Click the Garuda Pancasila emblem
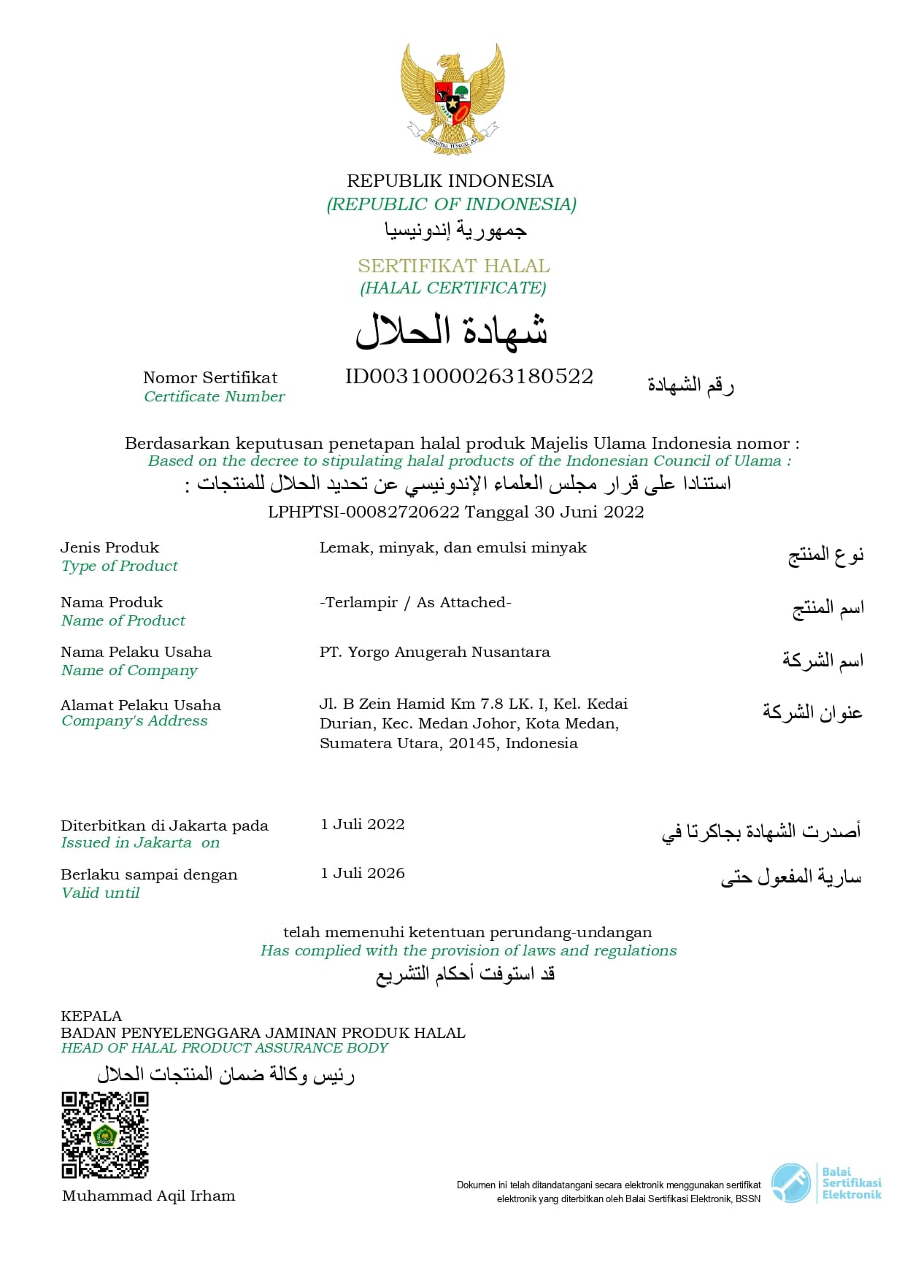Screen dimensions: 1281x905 click(452, 99)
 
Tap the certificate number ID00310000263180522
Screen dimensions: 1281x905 click(469, 377)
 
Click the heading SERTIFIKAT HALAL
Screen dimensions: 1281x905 click(453, 266)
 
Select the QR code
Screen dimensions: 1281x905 click(105, 1135)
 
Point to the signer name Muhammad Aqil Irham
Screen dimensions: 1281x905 click(149, 1196)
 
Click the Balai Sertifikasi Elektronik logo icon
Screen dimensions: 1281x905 click(791, 1183)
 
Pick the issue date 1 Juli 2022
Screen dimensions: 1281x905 click(362, 825)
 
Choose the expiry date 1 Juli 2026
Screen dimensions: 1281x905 click(362, 874)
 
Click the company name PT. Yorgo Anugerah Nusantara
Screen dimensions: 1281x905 click(434, 652)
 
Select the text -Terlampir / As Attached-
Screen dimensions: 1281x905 click(415, 602)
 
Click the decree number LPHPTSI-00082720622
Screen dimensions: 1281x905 click(363, 512)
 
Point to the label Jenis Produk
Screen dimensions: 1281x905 click(109, 547)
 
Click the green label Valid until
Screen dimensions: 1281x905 click(101, 893)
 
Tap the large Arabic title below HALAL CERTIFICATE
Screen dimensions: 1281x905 click(452, 330)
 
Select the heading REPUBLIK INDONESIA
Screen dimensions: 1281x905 click(450, 181)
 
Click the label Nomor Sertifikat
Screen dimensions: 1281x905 click(210, 377)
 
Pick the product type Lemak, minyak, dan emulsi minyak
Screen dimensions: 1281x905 click(452, 547)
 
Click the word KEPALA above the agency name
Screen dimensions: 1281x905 click(91, 1016)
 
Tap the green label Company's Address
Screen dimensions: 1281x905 click(134, 721)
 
